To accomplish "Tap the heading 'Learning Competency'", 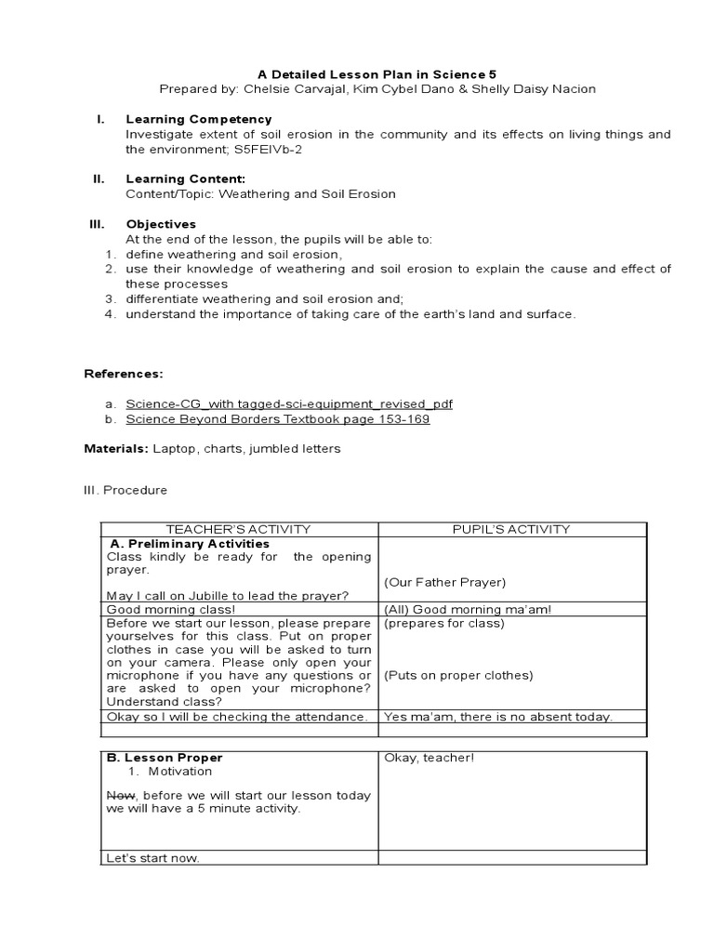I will tap(199, 119).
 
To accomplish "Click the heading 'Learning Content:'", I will tap(186, 178).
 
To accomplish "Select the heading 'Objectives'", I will tap(161, 224).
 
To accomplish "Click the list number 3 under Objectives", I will tap(109, 298).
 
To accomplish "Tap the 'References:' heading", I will tap(124, 374).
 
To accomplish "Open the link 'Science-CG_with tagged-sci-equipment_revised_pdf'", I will tap(289, 403).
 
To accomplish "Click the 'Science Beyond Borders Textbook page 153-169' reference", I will tap(278, 418).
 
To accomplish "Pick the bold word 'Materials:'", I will tap(117, 448).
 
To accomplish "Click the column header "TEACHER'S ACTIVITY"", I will tap(238, 529).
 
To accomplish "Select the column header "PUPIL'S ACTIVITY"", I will tap(511, 529).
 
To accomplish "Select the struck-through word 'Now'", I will tap(121, 795).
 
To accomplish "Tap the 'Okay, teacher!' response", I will tap(430, 758).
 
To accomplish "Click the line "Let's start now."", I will tap(153, 857).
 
